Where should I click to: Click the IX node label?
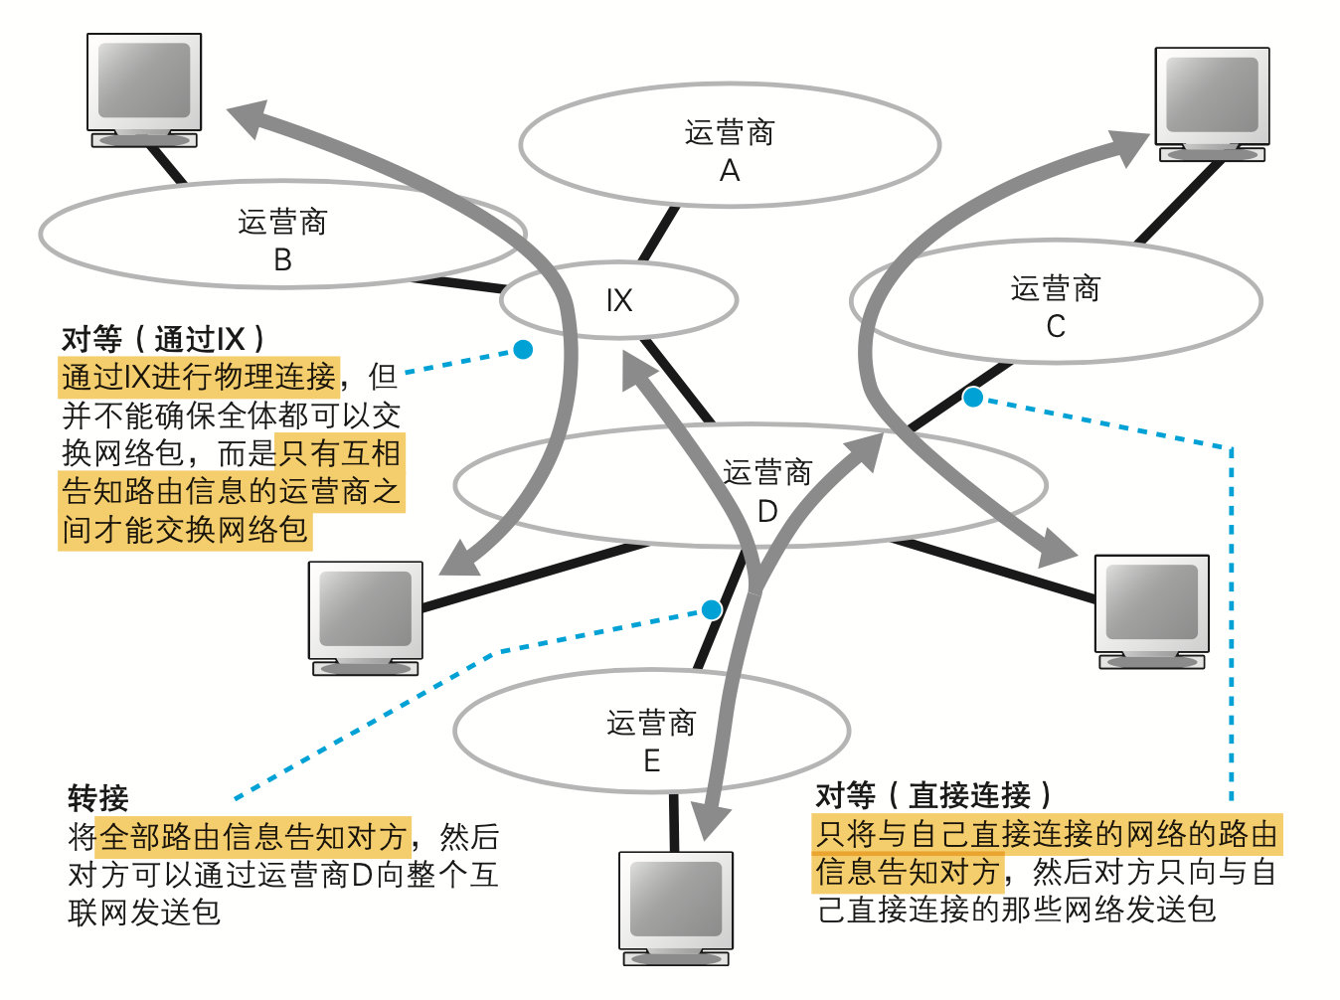coord(618,300)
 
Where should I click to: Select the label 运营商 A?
coord(730,150)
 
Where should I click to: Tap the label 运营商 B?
coord(282,240)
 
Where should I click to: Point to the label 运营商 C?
coord(1055,306)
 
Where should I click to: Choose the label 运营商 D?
coord(767,491)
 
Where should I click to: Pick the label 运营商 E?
coord(651,741)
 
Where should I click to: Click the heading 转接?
coord(98,797)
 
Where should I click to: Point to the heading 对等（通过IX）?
coord(164,339)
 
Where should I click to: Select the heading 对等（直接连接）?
coord(933,794)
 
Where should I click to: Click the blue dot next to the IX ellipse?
coord(522,349)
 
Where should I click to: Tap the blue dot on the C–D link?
coord(973,398)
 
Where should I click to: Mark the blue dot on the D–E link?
coord(711,609)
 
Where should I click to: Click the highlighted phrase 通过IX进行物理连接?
coord(199,377)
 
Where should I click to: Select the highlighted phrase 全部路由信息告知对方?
coord(253,836)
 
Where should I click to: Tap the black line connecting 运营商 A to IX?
coord(658,235)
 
